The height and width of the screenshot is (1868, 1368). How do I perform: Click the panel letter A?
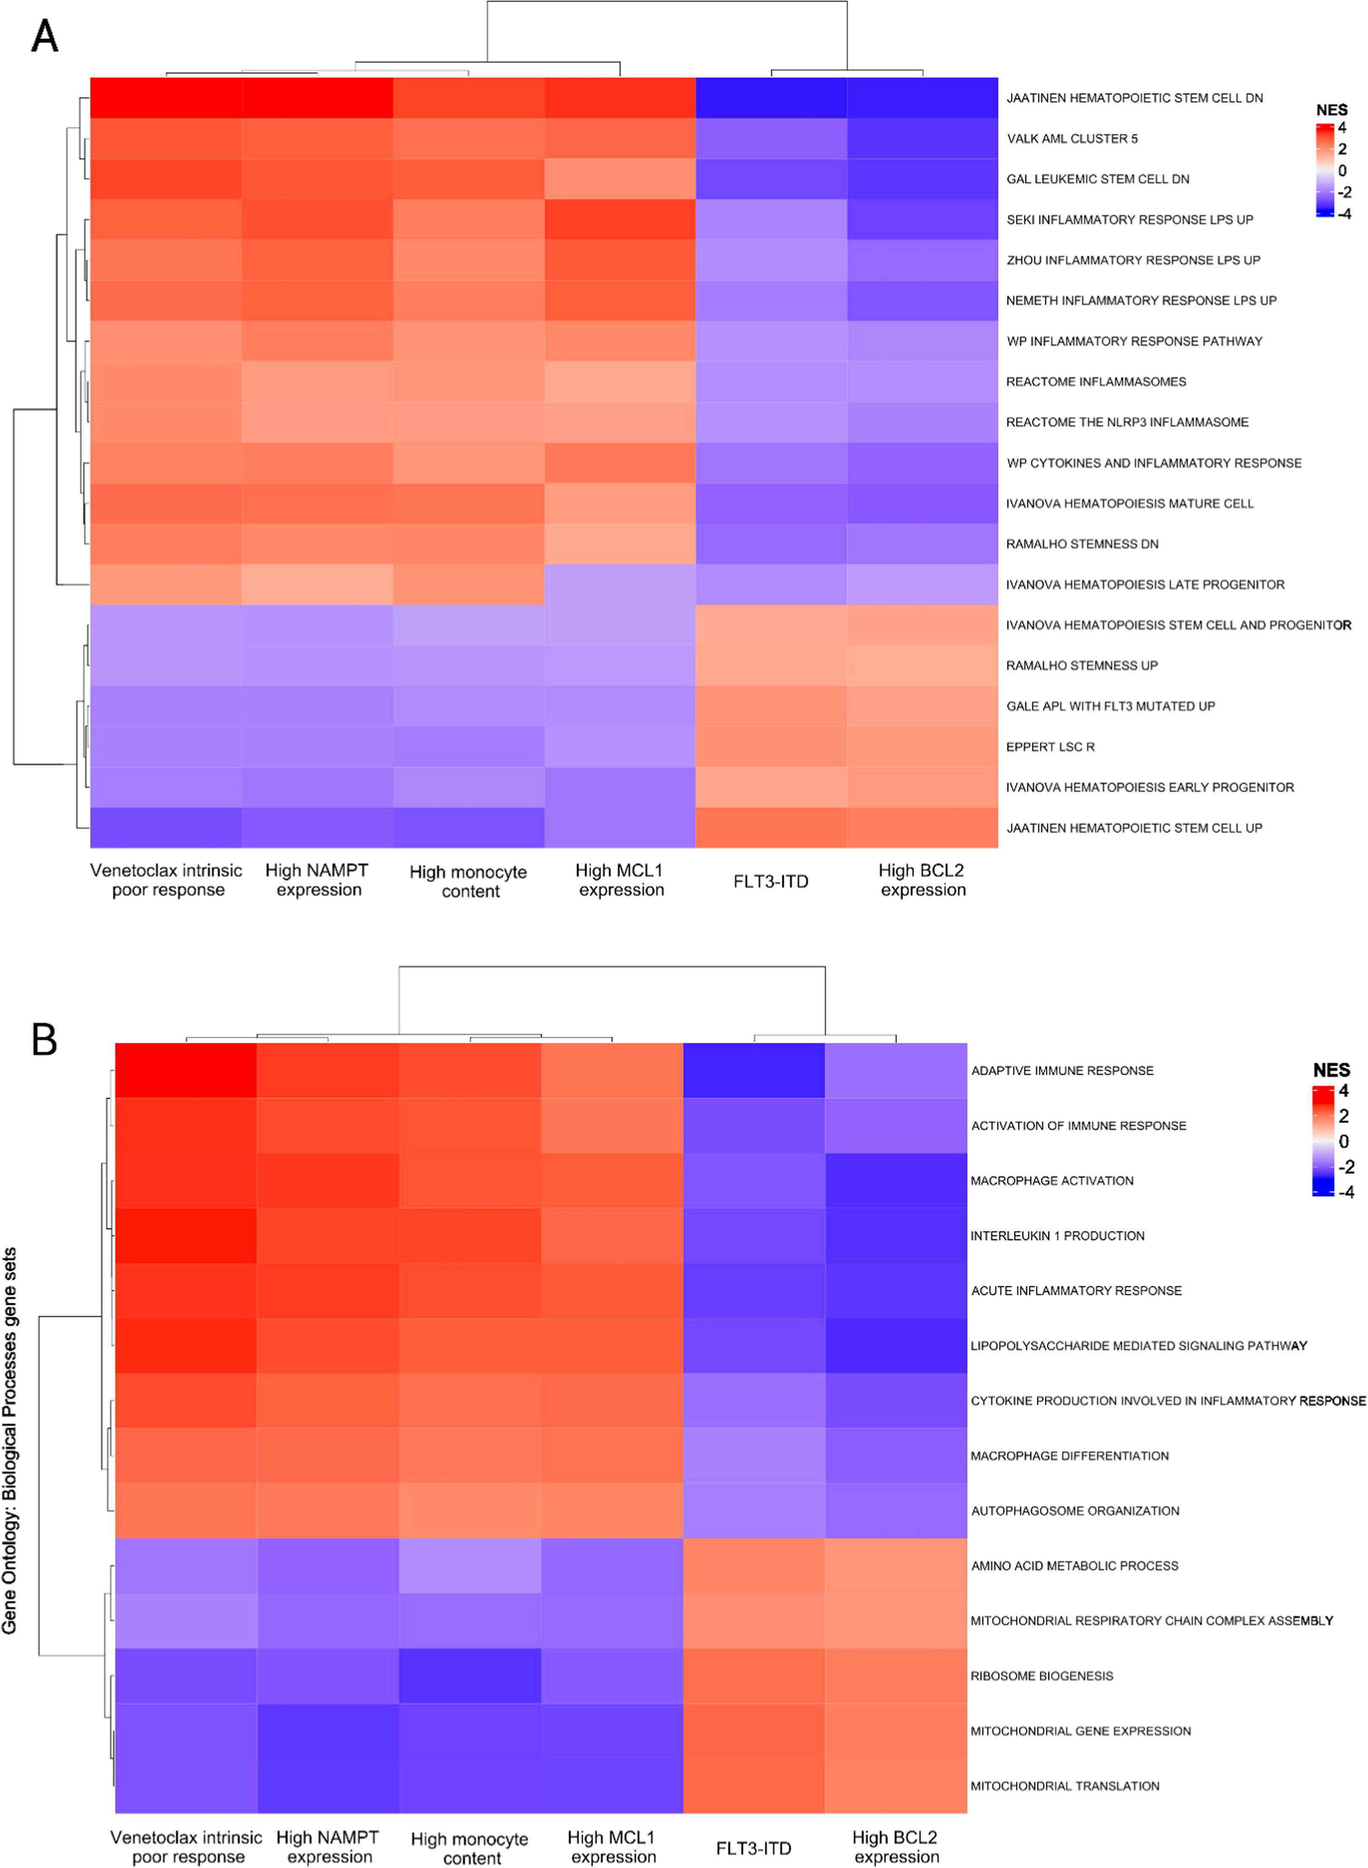tap(45, 36)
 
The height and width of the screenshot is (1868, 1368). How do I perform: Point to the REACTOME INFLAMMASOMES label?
tap(1096, 382)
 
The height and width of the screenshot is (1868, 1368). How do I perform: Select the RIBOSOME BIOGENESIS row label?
tap(1042, 1676)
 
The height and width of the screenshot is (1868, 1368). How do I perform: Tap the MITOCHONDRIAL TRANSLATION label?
tap(1065, 1786)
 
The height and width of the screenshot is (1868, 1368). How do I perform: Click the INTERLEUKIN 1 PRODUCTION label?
tap(1058, 1235)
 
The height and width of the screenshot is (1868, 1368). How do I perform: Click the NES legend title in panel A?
tap(1332, 110)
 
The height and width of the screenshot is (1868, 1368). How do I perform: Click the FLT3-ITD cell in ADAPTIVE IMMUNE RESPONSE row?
tap(753, 1071)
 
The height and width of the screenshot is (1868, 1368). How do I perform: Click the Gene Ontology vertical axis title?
tap(10, 1441)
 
